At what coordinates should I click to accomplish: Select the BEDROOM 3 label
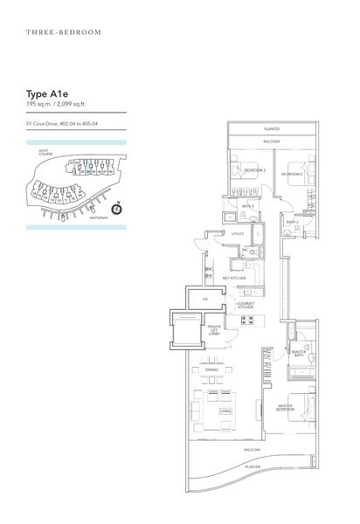coord(254,169)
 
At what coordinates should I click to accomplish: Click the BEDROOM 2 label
coord(292,174)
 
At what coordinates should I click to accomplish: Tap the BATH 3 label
coord(247,205)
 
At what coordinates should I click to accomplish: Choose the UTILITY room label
coord(237,235)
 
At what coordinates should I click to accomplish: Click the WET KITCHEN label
coord(233,279)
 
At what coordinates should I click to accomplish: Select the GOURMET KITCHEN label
coord(246,307)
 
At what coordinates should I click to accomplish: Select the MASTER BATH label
coord(299,353)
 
